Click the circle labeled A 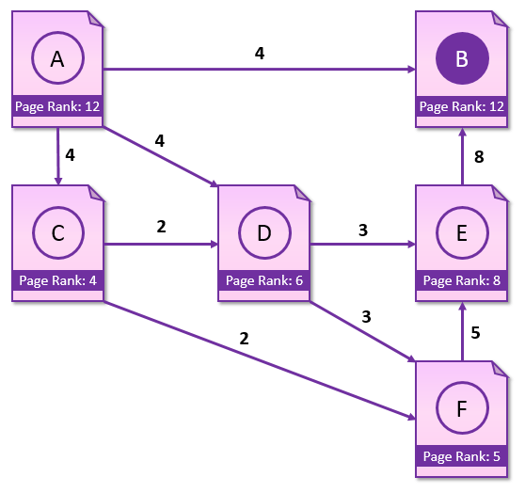pos(58,32)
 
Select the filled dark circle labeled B pos(462,58)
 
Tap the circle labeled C pos(58,207)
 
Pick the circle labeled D pos(264,207)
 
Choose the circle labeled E pos(462,207)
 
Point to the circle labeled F pos(462,383)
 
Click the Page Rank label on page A pos(57,106)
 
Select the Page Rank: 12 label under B pos(462,106)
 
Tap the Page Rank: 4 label pos(58,280)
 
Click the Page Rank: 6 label pos(264,280)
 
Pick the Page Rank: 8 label pos(462,280)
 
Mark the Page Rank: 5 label pos(462,456)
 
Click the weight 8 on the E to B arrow pos(479,157)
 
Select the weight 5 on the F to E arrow pos(475,332)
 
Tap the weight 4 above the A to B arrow pos(260,54)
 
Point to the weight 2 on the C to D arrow pos(161,227)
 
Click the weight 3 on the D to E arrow pos(363,231)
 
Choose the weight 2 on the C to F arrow pos(244,339)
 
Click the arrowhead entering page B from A pos(411,70)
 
